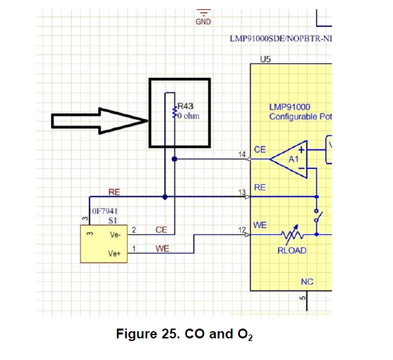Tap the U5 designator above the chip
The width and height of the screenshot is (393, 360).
(265, 59)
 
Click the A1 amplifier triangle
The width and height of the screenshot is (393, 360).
(295, 158)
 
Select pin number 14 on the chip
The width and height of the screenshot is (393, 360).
(243, 154)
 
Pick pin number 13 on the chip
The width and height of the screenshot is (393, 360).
(243, 192)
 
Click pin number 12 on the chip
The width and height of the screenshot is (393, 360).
(243, 229)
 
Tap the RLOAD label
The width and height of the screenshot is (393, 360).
(292, 250)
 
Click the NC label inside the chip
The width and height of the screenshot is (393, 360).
(307, 281)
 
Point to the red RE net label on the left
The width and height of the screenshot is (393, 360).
(114, 192)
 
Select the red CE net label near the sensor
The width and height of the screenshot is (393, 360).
(162, 230)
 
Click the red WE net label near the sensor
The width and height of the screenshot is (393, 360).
(162, 249)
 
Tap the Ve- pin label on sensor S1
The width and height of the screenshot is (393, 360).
(115, 234)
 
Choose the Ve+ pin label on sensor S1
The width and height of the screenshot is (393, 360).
(115, 252)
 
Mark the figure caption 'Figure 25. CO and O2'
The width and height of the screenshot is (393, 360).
(184, 334)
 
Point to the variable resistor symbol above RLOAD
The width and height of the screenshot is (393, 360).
(292, 234)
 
